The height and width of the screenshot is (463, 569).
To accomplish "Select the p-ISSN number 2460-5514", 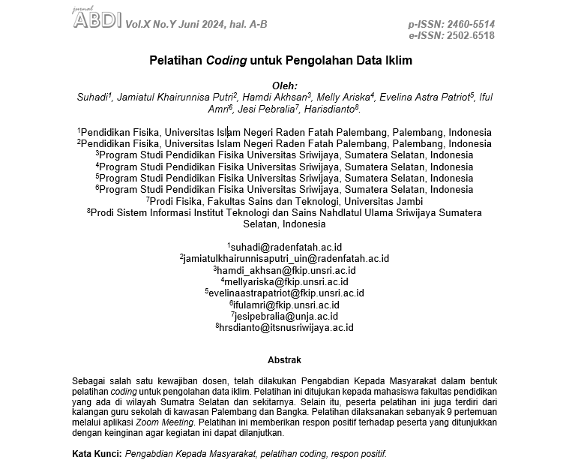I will coord(471,24).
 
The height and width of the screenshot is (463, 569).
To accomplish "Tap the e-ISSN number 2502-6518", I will coord(471,35).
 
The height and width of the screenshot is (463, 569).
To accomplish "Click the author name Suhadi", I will coord(93,98).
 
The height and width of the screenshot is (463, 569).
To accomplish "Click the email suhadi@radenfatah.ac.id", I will coord(286,247).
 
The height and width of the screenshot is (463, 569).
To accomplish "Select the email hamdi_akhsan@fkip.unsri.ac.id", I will coord(286,270).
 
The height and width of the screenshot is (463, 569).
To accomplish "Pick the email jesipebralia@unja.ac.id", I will coord(286,317).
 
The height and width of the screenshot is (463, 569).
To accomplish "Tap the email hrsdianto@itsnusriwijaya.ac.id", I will coord(286,328).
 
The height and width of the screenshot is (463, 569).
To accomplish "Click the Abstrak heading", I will coord(285,360).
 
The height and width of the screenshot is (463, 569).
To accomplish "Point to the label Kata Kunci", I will coord(96,455).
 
